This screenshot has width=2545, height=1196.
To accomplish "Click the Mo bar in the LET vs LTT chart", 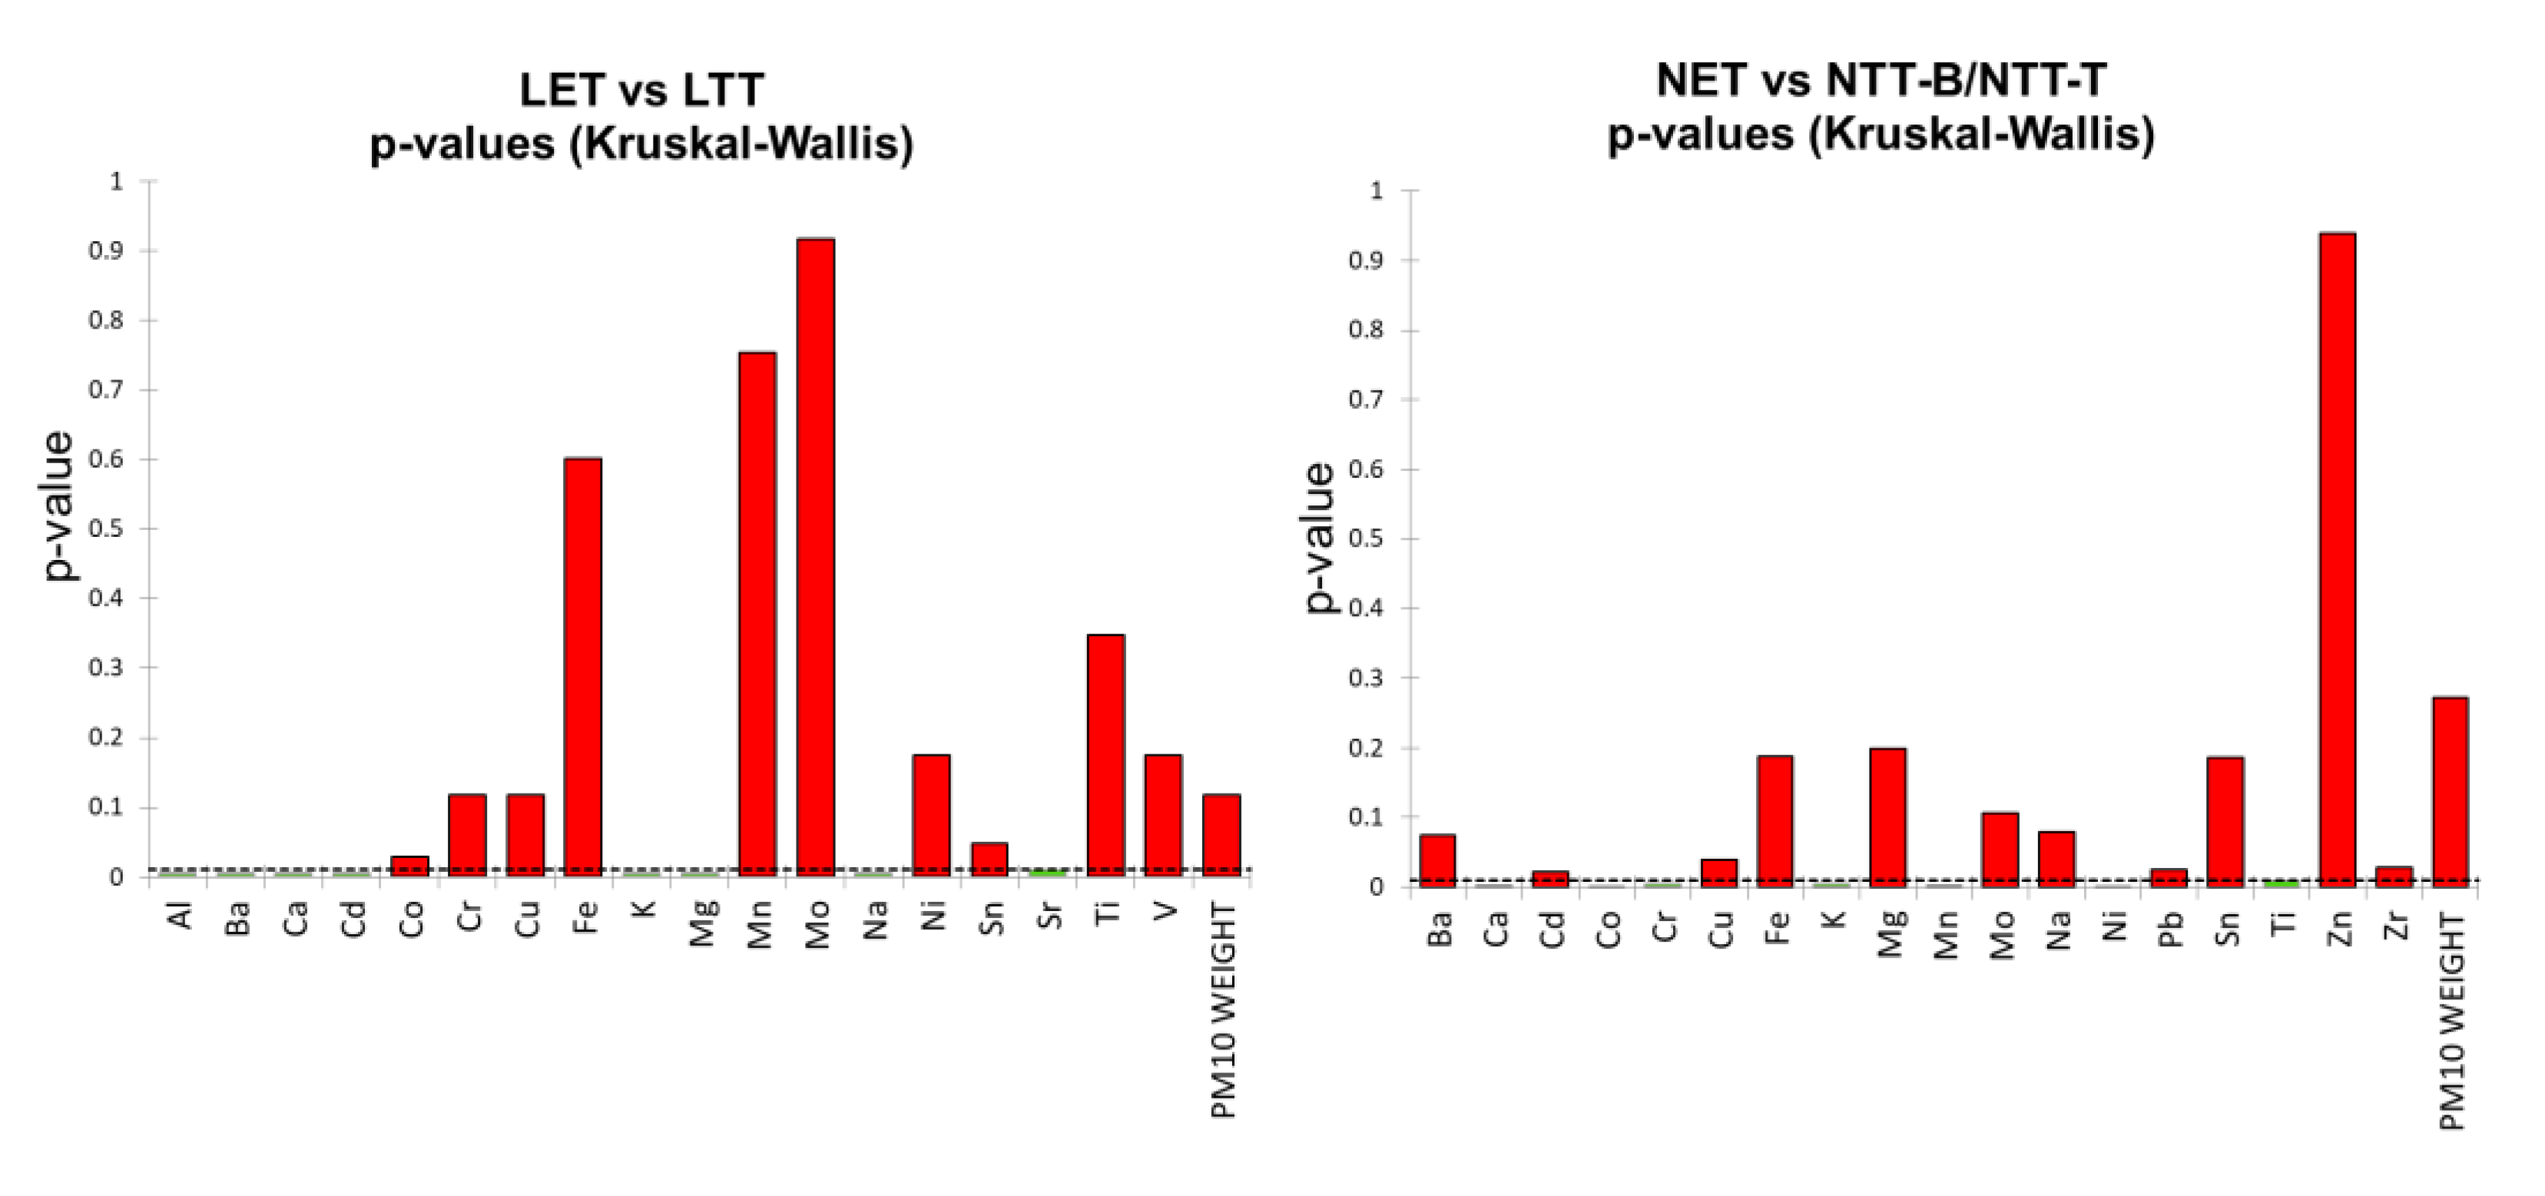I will pos(816,558).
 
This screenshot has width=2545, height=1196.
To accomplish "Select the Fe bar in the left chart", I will pos(583,668).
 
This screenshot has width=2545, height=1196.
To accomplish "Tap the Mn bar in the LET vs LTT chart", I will pos(757,615).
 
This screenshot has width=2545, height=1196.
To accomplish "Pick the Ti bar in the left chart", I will pos(1105,756).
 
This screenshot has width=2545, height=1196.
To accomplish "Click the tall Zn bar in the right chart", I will pos(2338,560).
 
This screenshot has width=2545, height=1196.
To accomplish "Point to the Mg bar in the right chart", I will pos(1888,818).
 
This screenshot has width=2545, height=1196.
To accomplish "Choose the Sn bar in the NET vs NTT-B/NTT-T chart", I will pos(2226,822).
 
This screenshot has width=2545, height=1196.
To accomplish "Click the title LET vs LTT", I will pos(641,90).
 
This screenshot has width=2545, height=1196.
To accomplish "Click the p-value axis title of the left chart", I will pos(59,505).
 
